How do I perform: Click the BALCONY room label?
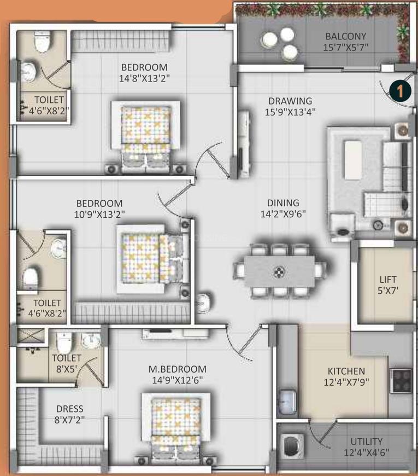click(x=346, y=37)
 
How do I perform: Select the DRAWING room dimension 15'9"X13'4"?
click(x=290, y=112)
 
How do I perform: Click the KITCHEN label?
click(x=343, y=371)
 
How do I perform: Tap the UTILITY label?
click(x=367, y=441)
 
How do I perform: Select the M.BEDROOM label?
click(x=179, y=369)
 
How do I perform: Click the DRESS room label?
click(x=69, y=409)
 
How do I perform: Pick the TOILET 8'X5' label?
click(x=66, y=358)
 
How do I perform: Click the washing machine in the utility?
click(x=292, y=444)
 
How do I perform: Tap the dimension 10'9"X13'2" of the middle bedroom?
click(x=99, y=214)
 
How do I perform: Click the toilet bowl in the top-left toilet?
click(x=42, y=42)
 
